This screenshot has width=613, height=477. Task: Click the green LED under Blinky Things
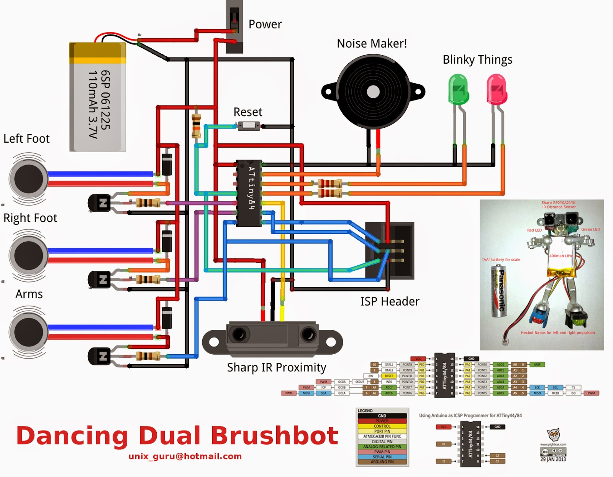(458, 90)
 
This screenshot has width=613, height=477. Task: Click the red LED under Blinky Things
(497, 90)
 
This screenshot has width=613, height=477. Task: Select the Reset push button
(249, 126)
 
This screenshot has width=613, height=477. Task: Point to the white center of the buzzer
(373, 92)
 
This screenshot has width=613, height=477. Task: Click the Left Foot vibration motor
(29, 179)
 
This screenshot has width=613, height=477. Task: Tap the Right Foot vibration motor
(29, 255)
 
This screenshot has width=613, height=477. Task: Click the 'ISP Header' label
(390, 301)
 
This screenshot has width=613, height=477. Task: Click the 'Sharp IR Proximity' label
(277, 367)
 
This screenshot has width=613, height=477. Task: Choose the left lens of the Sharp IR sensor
(239, 334)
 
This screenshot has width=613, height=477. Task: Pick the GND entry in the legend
(382, 416)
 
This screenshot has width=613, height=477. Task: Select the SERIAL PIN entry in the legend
(382, 457)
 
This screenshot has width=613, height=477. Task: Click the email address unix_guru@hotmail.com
(185, 456)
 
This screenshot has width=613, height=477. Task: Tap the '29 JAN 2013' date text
(553, 459)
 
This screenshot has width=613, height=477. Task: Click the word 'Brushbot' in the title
(274, 436)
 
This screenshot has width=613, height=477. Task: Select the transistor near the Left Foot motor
(99, 203)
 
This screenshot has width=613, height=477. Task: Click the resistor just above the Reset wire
(196, 125)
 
